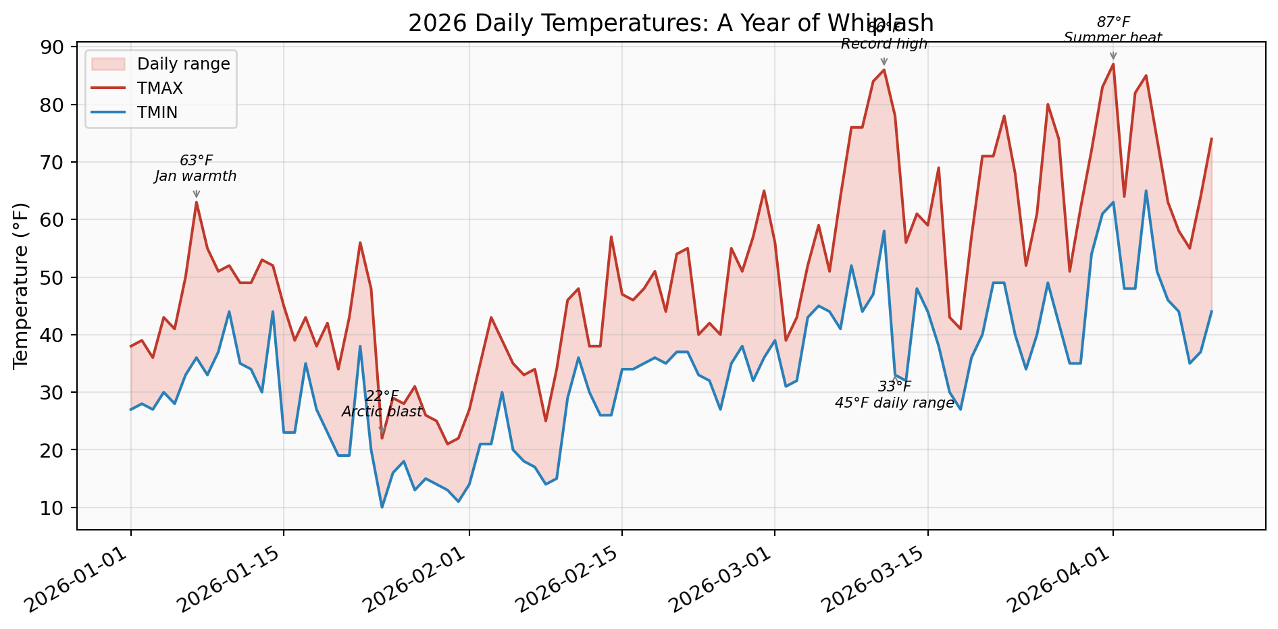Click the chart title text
pyautogui.click(x=670, y=23)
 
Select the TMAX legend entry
pyautogui.click(x=159, y=88)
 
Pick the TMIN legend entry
pyautogui.click(x=157, y=113)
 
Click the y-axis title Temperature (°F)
pyautogui.click(x=22, y=285)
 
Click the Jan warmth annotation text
pyautogui.click(x=196, y=177)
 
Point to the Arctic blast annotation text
pyautogui.click(x=382, y=412)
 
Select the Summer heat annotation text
pyautogui.click(x=1113, y=38)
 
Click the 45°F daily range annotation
pyautogui.click(x=894, y=404)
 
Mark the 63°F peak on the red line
pyautogui.click(x=197, y=202)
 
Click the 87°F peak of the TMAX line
pyautogui.click(x=1113, y=64)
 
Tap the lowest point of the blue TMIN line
pyautogui.click(x=382, y=507)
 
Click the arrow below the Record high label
pyautogui.click(x=884, y=61)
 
